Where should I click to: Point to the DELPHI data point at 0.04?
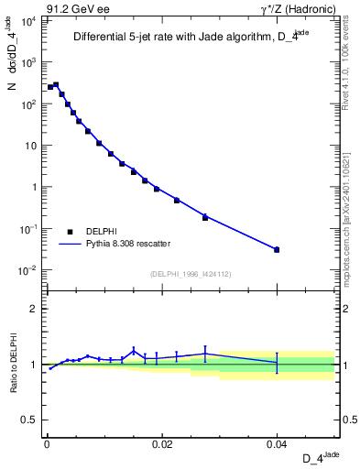[x=277, y=249]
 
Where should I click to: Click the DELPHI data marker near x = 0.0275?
[x=205, y=217]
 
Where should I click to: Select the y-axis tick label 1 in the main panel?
[x=34, y=187]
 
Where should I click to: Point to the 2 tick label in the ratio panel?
[x=34, y=309]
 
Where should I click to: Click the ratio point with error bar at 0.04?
[x=277, y=363]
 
